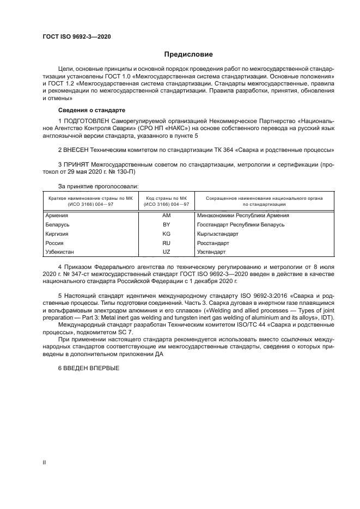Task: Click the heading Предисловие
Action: click(189, 54)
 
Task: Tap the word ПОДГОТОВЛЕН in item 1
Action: click(86, 120)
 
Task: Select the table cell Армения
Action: click(57, 215)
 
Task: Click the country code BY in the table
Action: click(167, 224)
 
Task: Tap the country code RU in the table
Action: click(167, 243)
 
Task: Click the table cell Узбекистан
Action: click(60, 252)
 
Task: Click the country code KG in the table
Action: click(167, 234)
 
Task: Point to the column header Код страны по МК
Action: click(167, 198)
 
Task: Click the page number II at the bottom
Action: click(44, 462)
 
